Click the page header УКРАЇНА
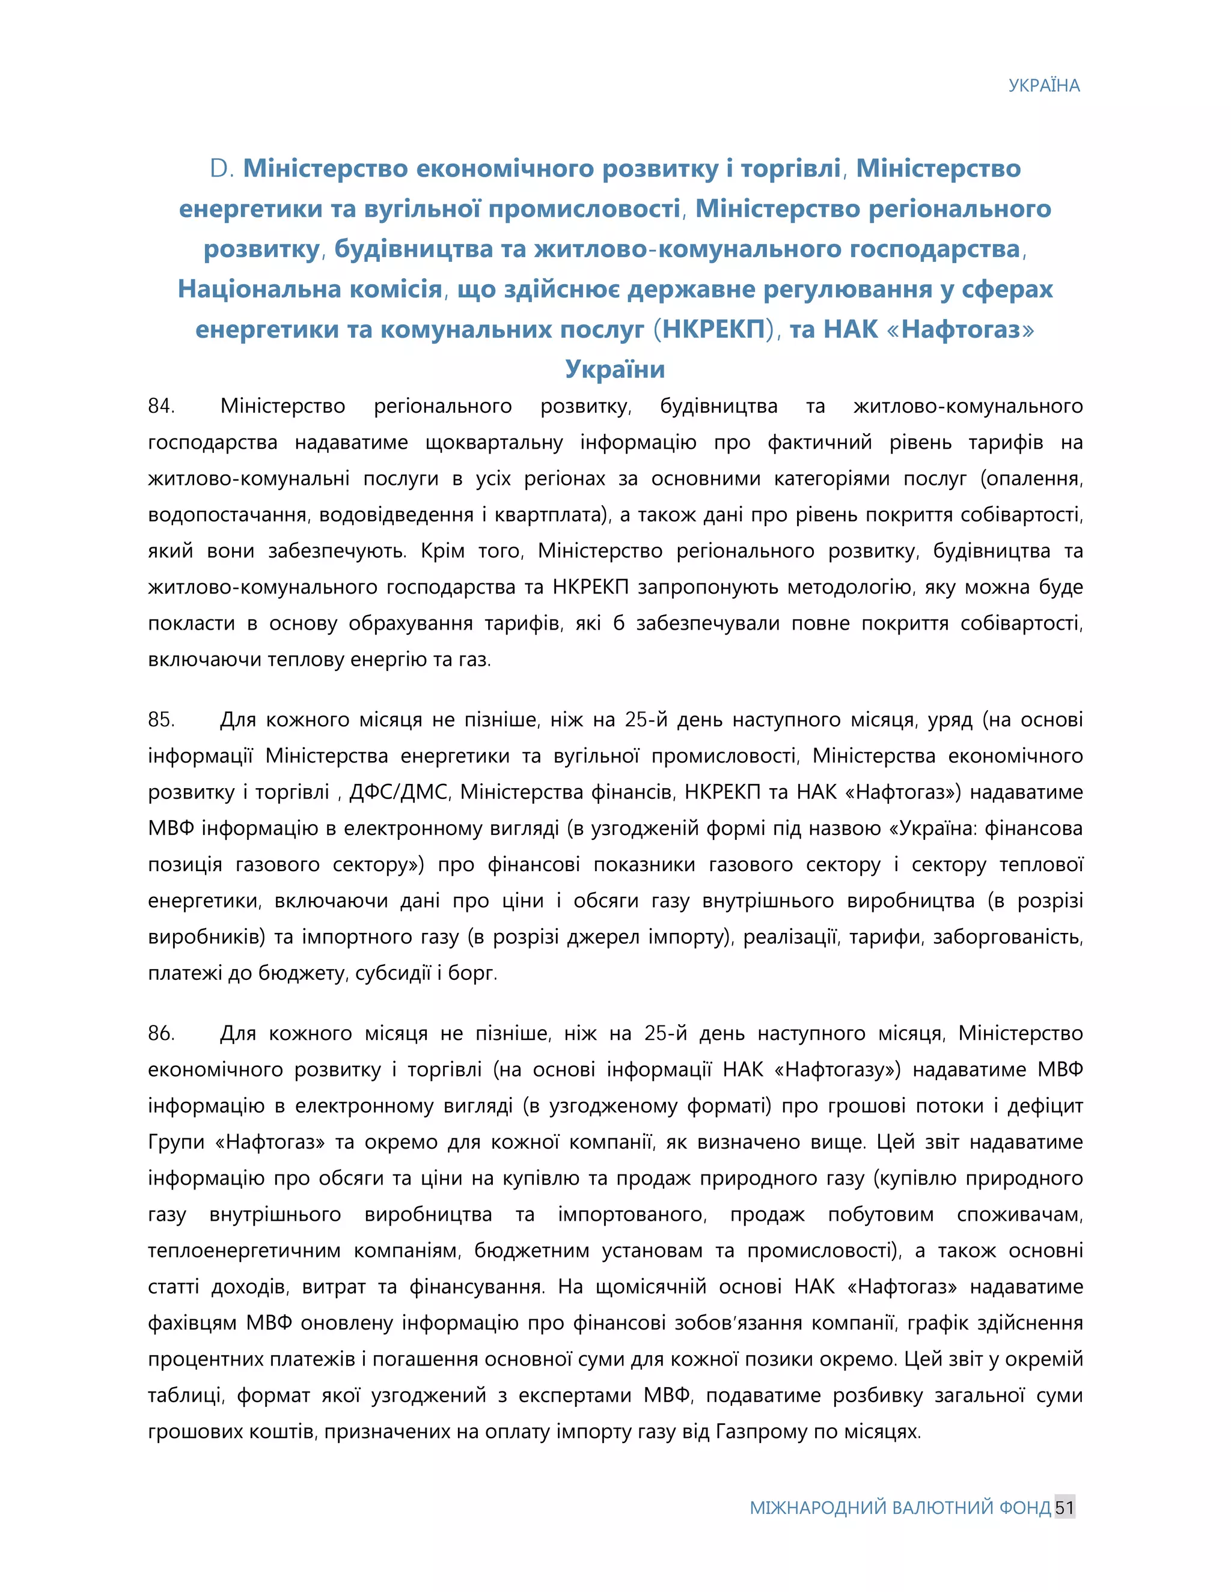click(1043, 86)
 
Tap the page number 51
click(1064, 1507)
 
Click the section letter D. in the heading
click(221, 168)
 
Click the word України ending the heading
click(615, 369)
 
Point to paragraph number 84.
click(161, 406)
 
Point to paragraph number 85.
click(161, 720)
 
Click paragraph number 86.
click(161, 1033)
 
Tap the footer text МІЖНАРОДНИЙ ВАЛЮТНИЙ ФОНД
click(900, 1507)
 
